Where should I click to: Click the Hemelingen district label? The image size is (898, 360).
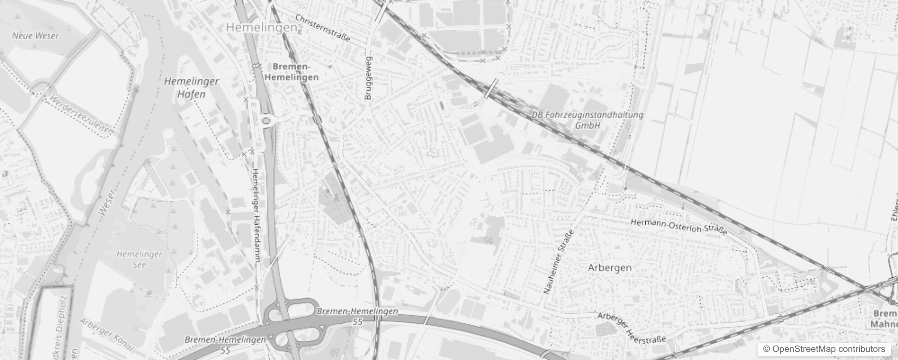[261, 27]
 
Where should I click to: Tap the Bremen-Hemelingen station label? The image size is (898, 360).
[292, 72]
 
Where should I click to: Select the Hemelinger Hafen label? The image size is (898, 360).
[191, 88]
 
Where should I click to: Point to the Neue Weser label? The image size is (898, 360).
[35, 36]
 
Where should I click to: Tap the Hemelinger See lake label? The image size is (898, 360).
[139, 260]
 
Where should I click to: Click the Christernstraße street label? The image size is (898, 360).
[323, 28]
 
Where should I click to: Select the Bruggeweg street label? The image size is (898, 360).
[368, 78]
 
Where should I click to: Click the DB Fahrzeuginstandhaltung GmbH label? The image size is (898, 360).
[588, 120]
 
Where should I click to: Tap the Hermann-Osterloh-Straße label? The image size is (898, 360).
[678, 227]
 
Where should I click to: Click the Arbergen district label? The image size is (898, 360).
[610, 268]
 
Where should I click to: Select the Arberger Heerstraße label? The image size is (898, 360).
[631, 328]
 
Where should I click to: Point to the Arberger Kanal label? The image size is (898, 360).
[107, 335]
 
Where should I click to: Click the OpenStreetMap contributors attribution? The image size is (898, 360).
[823, 349]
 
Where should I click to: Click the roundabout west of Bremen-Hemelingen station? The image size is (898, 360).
[267, 121]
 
